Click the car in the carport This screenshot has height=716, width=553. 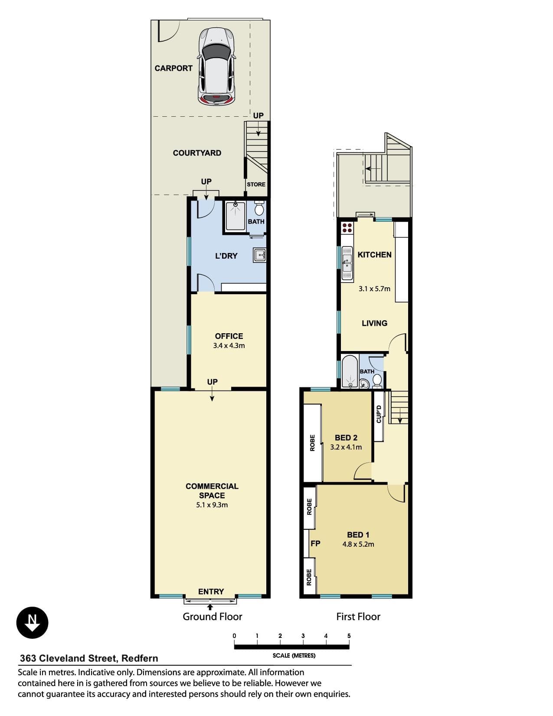pos(216,66)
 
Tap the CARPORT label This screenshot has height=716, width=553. pos(173,68)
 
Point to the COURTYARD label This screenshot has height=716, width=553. pos(197,153)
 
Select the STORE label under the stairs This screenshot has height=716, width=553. pos(256,184)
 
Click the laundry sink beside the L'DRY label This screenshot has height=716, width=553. pos(259,255)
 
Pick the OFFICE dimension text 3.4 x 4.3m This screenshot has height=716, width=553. pos(229,346)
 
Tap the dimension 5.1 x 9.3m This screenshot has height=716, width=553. pos(212,505)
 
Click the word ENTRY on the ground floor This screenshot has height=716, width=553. pos(211,591)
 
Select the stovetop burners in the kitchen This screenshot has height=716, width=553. pos(347,228)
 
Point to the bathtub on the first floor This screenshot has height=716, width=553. pos(350,371)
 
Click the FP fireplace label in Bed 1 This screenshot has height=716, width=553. pos(315,543)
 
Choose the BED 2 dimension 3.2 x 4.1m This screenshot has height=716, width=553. pos(346,447)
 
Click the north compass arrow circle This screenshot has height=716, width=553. pos(32,623)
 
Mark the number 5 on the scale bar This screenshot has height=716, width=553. pos(349,636)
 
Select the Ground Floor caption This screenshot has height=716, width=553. pos(213,617)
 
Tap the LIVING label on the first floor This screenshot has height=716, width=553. pos(374,323)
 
